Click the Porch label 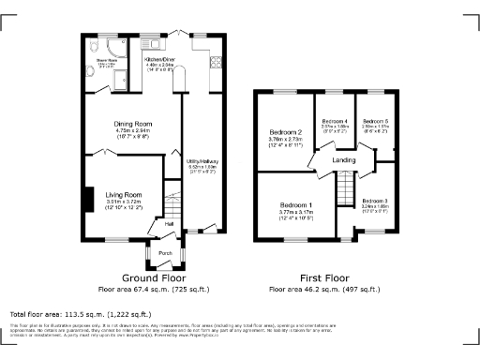tap(165, 253)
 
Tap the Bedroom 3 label tap(374, 201)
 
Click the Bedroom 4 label tap(335, 122)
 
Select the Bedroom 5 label tap(376, 122)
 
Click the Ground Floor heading tap(155, 278)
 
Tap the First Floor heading tap(322, 278)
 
